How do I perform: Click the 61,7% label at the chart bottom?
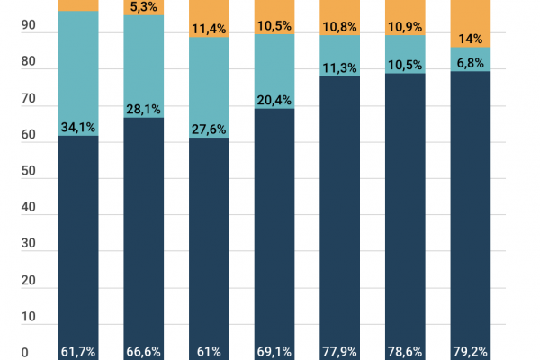point(78,351)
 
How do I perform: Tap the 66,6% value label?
point(143,351)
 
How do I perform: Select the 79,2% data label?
point(471,351)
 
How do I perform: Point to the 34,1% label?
point(78,127)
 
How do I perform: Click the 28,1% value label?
point(143,109)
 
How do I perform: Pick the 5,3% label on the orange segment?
point(143,7)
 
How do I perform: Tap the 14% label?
point(471,39)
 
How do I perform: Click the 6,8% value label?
point(471,64)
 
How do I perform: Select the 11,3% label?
point(340,67)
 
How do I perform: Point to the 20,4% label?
point(274,100)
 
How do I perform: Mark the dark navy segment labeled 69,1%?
point(274,225)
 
